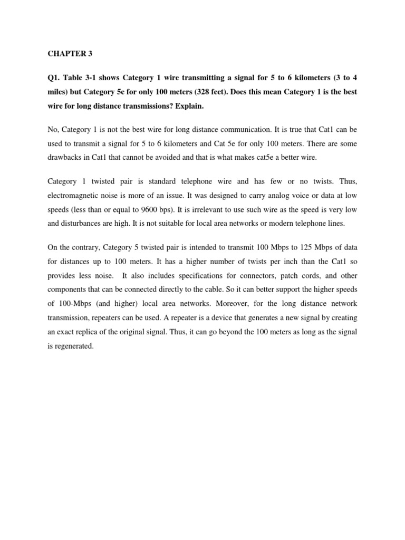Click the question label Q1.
pyautogui.click(x=54, y=78)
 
